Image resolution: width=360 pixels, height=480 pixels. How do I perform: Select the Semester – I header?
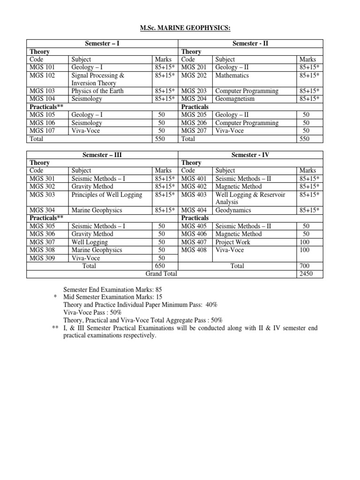[x=102, y=44]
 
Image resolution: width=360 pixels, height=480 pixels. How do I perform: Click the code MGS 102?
[x=42, y=75]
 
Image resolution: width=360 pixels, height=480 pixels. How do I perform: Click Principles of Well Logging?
[x=106, y=195]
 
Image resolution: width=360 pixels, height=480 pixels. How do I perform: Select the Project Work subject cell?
[x=232, y=242]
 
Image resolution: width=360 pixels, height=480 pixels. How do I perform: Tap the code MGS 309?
[x=42, y=258]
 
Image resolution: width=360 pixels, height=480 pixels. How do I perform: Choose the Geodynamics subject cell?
[x=233, y=210]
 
